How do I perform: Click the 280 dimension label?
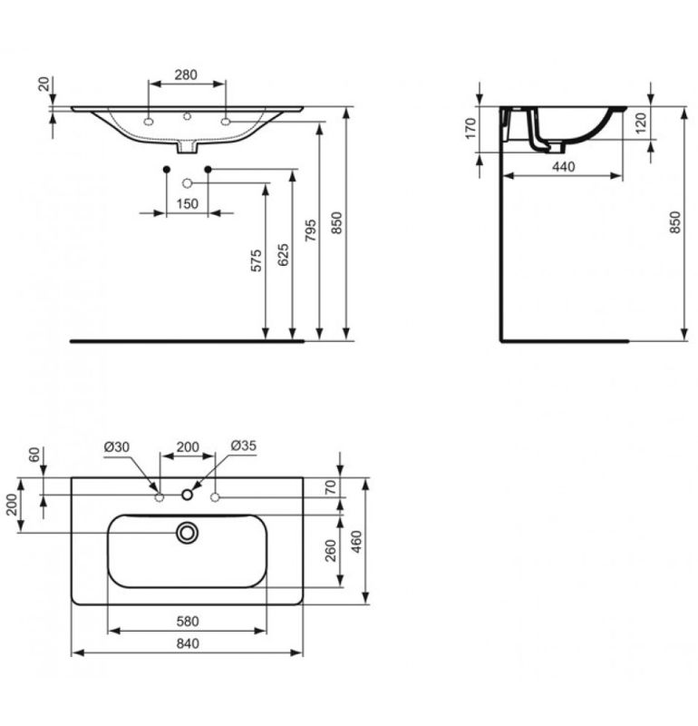point(186,74)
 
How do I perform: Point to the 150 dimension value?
point(188,203)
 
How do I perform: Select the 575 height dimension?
point(256,260)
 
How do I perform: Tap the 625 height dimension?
point(283,255)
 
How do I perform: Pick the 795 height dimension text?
point(311,231)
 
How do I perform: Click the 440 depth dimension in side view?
point(564,166)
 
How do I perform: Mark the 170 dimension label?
point(470,128)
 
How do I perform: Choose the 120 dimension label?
point(641,123)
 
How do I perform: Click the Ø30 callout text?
point(117,446)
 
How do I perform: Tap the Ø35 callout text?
point(243,446)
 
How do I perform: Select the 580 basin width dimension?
point(188,621)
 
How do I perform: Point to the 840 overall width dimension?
point(188,643)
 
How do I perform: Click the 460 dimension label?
point(356,542)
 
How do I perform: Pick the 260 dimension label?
point(331,551)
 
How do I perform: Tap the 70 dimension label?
point(331,487)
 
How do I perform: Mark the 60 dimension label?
point(34,455)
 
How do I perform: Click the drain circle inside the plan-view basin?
point(187,533)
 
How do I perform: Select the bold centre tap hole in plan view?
point(187,495)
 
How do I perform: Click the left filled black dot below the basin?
point(167,170)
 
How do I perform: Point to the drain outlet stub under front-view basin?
point(188,147)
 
